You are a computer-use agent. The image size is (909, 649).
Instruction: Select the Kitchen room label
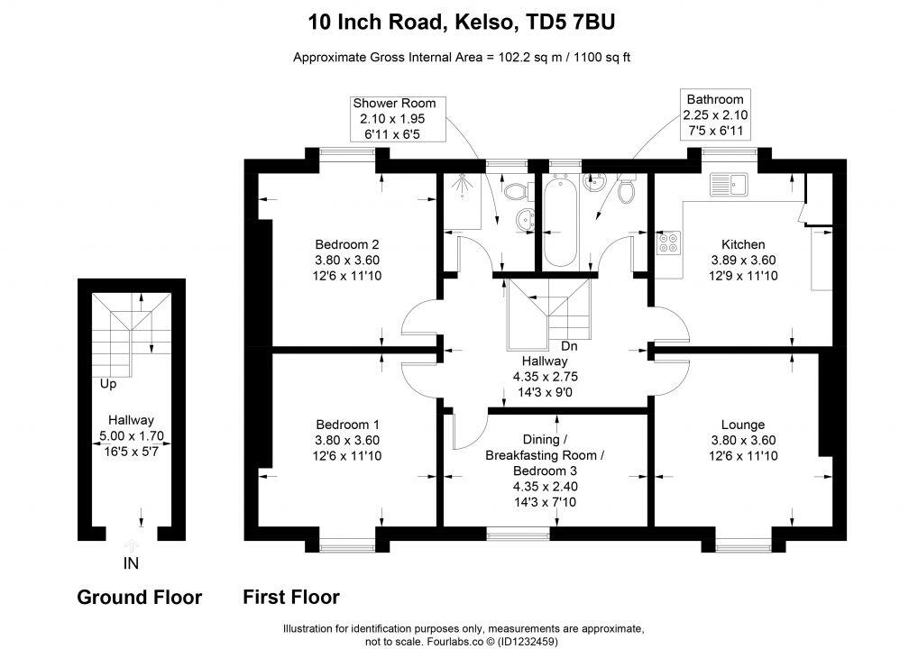743,244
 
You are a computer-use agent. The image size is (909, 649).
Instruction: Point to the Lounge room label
743,425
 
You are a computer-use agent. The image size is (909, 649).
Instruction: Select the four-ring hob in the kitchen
669,242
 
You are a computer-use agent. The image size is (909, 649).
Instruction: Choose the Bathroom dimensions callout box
715,114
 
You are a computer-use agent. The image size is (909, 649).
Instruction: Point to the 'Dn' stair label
569,346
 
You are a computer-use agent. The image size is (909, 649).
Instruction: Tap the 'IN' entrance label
131,563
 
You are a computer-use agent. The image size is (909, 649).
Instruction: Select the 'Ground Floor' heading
139,597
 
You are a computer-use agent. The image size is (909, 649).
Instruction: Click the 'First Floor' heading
291,597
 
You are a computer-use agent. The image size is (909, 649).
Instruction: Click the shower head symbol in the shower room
462,182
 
